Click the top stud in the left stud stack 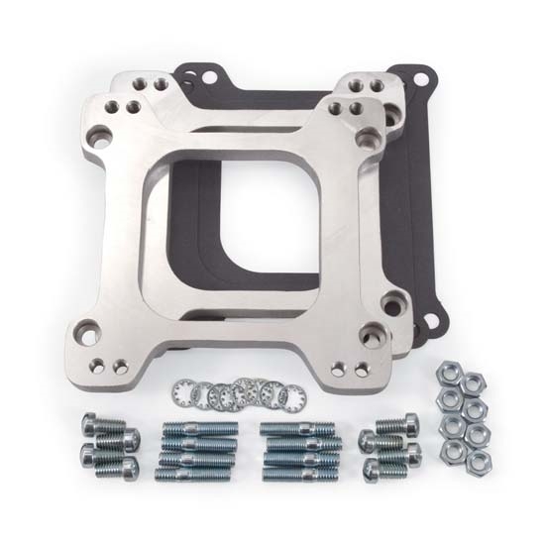[198, 429]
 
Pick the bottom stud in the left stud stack [198, 474]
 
